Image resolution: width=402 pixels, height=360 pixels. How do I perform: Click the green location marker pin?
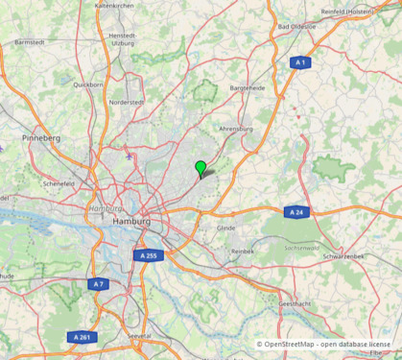(201, 169)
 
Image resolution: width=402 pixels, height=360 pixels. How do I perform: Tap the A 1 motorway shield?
(300, 62)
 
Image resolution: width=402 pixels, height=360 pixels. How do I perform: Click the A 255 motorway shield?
(148, 255)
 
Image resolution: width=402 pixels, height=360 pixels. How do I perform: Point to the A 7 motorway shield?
(98, 284)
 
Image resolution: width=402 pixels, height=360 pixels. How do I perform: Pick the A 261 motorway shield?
(83, 337)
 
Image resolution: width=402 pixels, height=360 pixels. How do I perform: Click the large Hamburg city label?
(131, 221)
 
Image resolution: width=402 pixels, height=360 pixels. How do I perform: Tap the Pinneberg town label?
(41, 138)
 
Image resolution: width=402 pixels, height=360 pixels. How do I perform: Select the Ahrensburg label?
(235, 128)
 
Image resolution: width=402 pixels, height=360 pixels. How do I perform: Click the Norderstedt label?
(127, 102)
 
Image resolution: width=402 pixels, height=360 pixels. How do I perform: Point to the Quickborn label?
(87, 84)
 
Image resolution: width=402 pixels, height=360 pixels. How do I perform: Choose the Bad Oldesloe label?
(296, 26)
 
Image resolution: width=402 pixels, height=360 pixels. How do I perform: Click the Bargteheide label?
(247, 87)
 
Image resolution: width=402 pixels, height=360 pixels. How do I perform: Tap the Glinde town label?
(225, 228)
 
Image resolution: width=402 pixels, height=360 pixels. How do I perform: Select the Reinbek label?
(243, 251)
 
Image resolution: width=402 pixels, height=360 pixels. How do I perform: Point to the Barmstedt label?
(30, 42)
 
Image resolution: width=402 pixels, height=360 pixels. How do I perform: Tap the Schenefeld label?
(59, 182)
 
